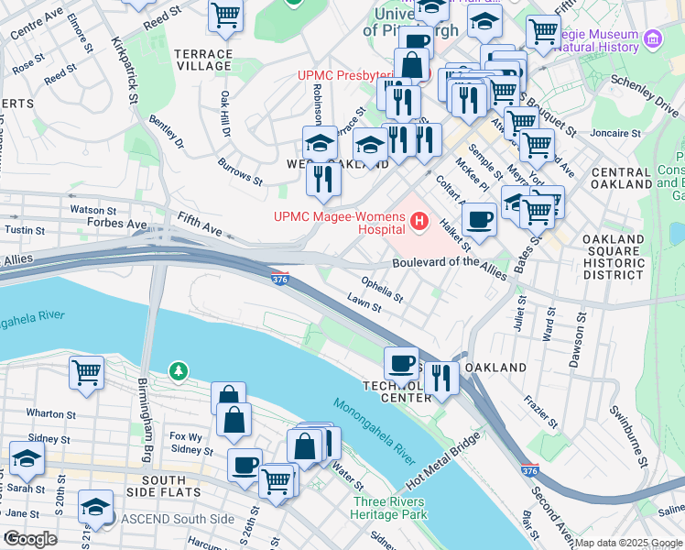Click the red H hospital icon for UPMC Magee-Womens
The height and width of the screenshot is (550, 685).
[x=420, y=221]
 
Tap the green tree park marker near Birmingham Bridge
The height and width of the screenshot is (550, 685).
[x=179, y=371]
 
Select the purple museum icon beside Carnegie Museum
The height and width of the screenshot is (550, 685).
[x=652, y=38]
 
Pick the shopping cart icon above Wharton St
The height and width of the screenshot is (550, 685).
[x=86, y=373]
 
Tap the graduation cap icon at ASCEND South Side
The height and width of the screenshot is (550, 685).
[x=95, y=505]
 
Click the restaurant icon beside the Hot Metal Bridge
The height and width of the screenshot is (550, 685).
[x=441, y=377]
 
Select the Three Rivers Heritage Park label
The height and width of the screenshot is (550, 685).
[x=387, y=508]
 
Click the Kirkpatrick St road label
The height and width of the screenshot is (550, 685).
[x=126, y=69]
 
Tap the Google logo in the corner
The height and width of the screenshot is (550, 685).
[x=30, y=539]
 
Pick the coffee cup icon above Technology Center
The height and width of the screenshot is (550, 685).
[x=400, y=363]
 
